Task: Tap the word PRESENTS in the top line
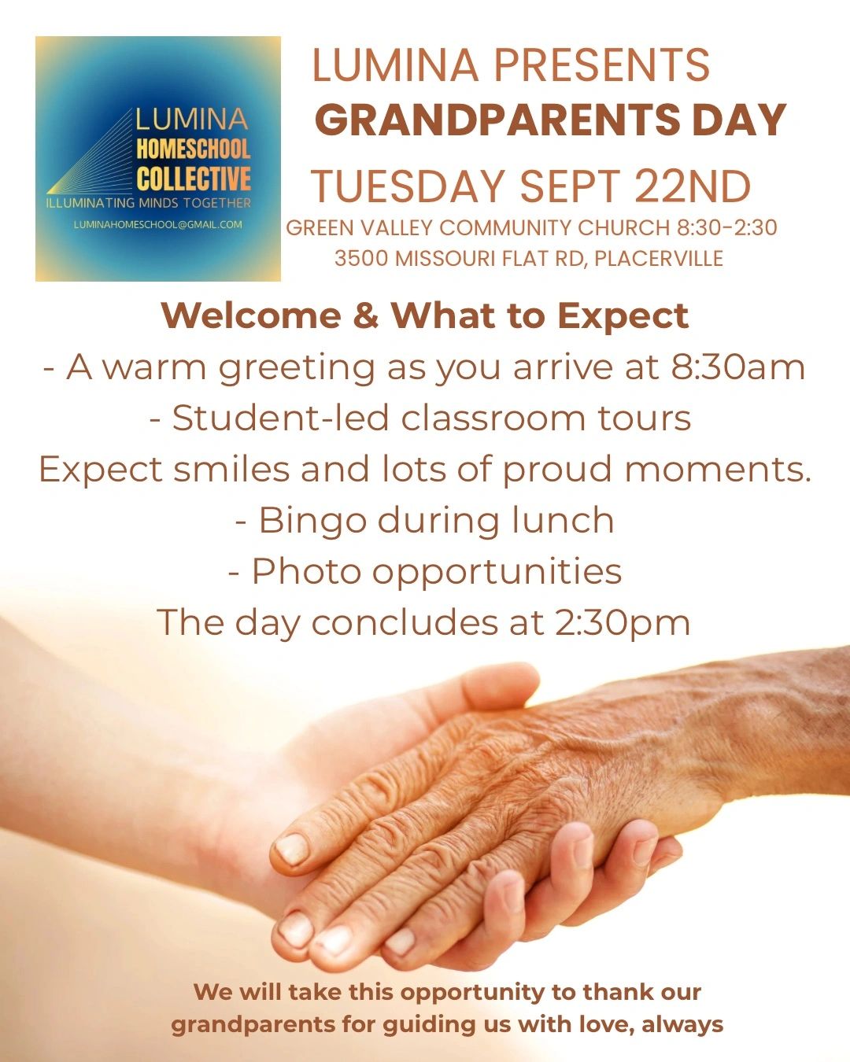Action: click(x=602, y=65)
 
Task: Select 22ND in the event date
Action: click(x=693, y=186)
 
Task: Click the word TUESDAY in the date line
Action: click(x=408, y=186)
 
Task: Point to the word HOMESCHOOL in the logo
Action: click(x=193, y=149)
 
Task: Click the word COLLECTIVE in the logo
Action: click(x=193, y=178)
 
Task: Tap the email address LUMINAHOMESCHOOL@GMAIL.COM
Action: click(x=158, y=224)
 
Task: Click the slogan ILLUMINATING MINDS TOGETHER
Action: click(x=148, y=203)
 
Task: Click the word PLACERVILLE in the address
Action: click(x=659, y=258)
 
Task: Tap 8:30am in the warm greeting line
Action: click(x=738, y=367)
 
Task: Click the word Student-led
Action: click(x=280, y=419)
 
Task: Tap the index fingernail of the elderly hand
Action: click(x=293, y=849)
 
